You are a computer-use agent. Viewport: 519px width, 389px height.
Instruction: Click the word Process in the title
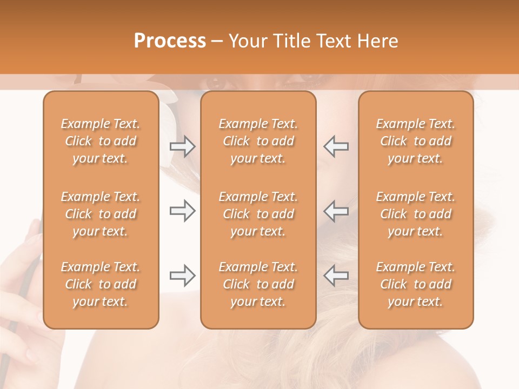(x=170, y=41)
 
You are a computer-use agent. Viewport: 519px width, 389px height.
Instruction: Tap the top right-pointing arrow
(x=182, y=146)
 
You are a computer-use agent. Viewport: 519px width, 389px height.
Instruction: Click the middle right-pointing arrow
(x=182, y=211)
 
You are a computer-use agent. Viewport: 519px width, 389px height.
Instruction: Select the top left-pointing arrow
(x=336, y=146)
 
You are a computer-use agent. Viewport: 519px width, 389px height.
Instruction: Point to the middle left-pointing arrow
(x=336, y=211)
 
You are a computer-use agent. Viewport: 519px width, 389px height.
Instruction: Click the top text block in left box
(x=101, y=141)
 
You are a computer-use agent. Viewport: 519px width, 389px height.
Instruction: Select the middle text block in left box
(x=101, y=214)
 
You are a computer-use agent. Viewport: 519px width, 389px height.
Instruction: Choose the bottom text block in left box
(x=101, y=284)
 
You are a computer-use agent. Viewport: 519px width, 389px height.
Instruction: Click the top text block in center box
(x=258, y=141)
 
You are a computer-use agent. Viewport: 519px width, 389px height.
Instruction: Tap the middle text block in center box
(x=258, y=214)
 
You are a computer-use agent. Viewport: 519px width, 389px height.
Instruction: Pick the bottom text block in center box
(x=258, y=284)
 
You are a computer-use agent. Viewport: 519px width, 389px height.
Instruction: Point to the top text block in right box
(x=416, y=141)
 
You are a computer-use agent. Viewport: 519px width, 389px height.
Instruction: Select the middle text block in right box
(x=416, y=214)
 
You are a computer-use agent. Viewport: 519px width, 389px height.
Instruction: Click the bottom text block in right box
(x=416, y=284)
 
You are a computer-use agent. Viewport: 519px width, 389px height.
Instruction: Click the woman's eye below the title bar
(x=215, y=83)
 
